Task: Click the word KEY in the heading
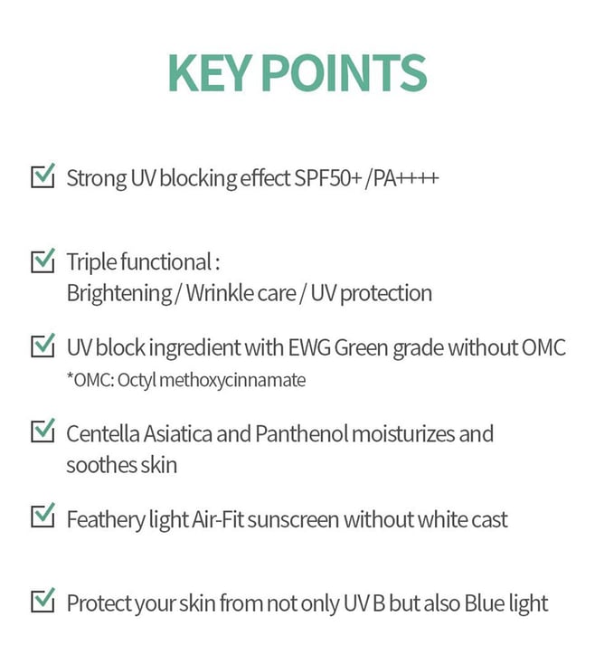pyautogui.click(x=207, y=73)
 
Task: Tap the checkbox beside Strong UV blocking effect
pyautogui.click(x=42, y=175)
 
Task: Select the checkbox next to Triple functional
pyautogui.click(x=42, y=261)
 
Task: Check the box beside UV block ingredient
pyautogui.click(x=42, y=346)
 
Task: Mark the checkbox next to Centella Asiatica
pyautogui.click(x=42, y=431)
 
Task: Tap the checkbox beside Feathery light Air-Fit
pyautogui.click(x=42, y=515)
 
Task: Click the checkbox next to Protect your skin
pyautogui.click(x=42, y=600)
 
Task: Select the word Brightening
pyautogui.click(x=119, y=294)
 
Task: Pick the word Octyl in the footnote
pyautogui.click(x=137, y=381)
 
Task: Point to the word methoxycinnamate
pyautogui.click(x=232, y=381)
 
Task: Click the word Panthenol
pyautogui.click(x=302, y=433)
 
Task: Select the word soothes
pyautogui.click(x=101, y=465)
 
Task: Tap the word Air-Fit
pyautogui.click(x=218, y=519)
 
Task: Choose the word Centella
pyautogui.click(x=103, y=433)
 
